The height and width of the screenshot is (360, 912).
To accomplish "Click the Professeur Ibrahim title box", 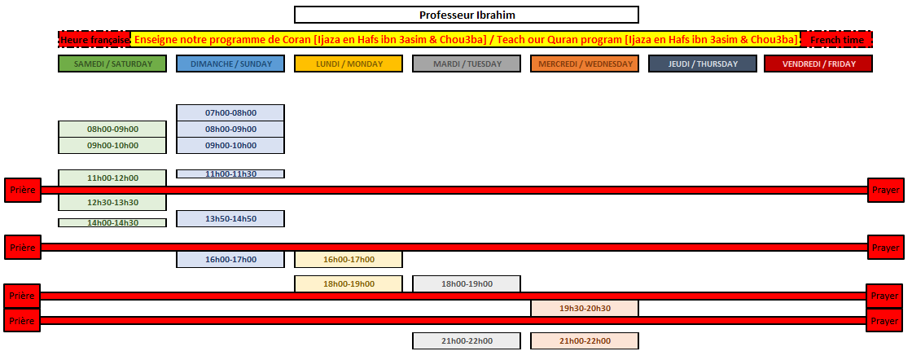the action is coord(467,15).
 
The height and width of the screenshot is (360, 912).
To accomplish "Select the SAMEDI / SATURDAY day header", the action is coord(112,64).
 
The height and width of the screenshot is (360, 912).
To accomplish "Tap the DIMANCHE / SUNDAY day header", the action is coord(230,64).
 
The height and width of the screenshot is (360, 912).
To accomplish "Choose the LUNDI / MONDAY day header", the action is coord(349,64).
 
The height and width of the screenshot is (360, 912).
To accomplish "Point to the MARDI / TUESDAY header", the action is coord(467,64).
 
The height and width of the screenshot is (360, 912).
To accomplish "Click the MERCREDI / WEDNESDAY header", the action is coord(585,64).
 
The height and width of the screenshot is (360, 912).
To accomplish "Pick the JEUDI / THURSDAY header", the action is coord(703,64).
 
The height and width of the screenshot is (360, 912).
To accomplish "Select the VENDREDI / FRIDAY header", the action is coord(818,64).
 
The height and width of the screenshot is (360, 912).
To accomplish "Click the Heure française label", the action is coord(94,40).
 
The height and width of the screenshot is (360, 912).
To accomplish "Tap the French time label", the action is coord(837,40).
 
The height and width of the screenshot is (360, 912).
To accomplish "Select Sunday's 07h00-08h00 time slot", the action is coord(230,113).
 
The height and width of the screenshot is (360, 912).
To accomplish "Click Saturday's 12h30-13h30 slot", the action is coord(112,202).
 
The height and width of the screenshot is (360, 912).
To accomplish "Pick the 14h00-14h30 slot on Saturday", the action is coord(112,222).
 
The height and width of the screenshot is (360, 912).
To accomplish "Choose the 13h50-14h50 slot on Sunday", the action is coord(230,218).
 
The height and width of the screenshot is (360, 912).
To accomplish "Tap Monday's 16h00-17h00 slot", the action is coord(349,259).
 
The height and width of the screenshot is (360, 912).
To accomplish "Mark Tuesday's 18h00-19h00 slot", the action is coord(467,283).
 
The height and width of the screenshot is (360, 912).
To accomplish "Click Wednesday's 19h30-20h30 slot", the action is coord(585,308).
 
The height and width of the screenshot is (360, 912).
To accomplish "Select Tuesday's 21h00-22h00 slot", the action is coord(467,340).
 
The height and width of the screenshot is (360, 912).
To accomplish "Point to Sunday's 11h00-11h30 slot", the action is coord(230,173).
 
